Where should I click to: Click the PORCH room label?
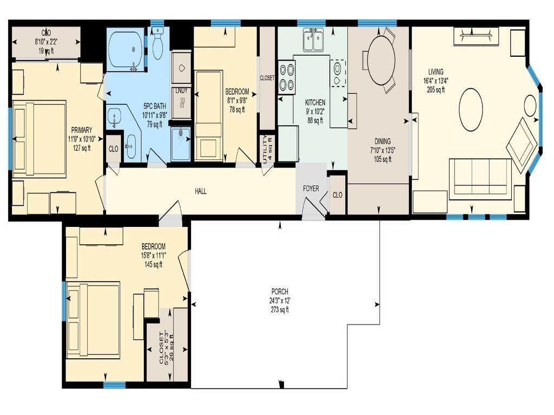280,292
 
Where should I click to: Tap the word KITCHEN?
315,102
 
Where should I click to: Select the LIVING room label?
436,72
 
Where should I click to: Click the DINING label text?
382,142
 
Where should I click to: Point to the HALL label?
200,191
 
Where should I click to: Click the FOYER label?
311,189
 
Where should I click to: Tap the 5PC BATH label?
154,106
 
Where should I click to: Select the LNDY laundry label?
181,91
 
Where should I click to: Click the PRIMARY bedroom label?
81,130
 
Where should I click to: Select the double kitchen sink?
313,41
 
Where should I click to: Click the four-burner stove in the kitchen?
286,77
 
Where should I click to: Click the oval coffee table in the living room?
471,110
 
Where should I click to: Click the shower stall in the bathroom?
181,144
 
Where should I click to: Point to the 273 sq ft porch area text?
280,310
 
